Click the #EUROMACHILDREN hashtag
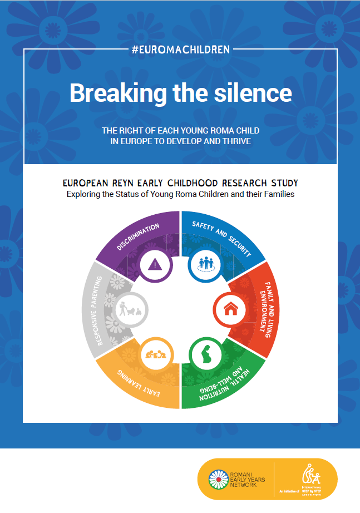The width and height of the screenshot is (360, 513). click(x=180, y=50)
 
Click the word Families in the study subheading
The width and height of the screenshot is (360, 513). click(x=274, y=194)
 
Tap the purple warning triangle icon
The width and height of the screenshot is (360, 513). click(x=153, y=265)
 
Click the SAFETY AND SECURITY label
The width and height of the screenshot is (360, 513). click(x=221, y=239)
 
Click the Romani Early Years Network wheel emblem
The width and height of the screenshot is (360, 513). click(x=218, y=479)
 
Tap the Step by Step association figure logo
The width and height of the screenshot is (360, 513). click(x=309, y=475)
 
